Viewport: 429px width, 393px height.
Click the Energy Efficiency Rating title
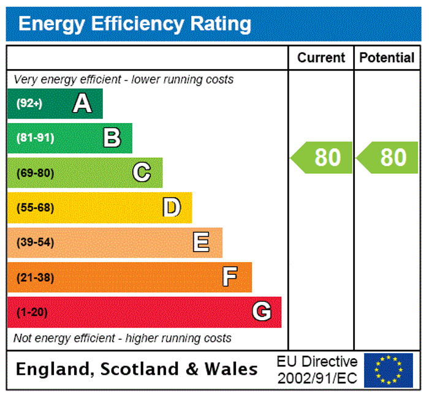coord(135,24)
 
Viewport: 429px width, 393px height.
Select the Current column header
coord(321,58)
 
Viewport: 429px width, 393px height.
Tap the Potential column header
coord(387,58)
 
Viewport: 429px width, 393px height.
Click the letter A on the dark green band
coord(82,103)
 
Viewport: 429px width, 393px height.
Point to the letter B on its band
coord(112,138)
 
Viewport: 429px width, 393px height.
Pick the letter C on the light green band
coord(142,173)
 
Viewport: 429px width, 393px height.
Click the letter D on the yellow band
coord(172,208)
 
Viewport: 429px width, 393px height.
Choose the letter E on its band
coord(201,242)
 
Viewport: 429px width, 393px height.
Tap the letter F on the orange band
coord(230,277)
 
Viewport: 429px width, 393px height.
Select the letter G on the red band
coord(261,312)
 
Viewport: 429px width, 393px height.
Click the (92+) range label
coord(29,103)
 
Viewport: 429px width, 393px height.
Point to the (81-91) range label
coord(35,138)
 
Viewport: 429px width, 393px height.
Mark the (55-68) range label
coord(35,208)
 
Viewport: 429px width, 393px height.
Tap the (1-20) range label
coord(32,312)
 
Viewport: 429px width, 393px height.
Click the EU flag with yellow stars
coord(389,370)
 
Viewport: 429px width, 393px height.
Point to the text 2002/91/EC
coord(317,377)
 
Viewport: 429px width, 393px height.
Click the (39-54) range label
coord(35,242)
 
